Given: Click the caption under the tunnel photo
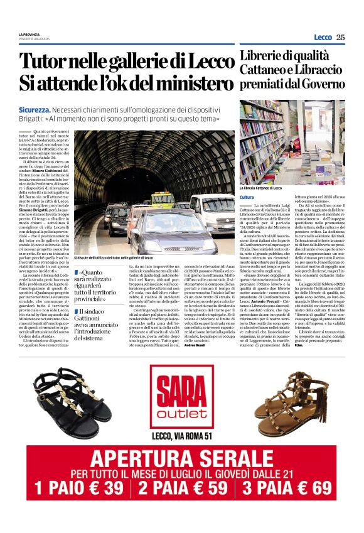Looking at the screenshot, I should [113, 258].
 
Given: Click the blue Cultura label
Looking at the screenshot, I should [247, 197].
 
